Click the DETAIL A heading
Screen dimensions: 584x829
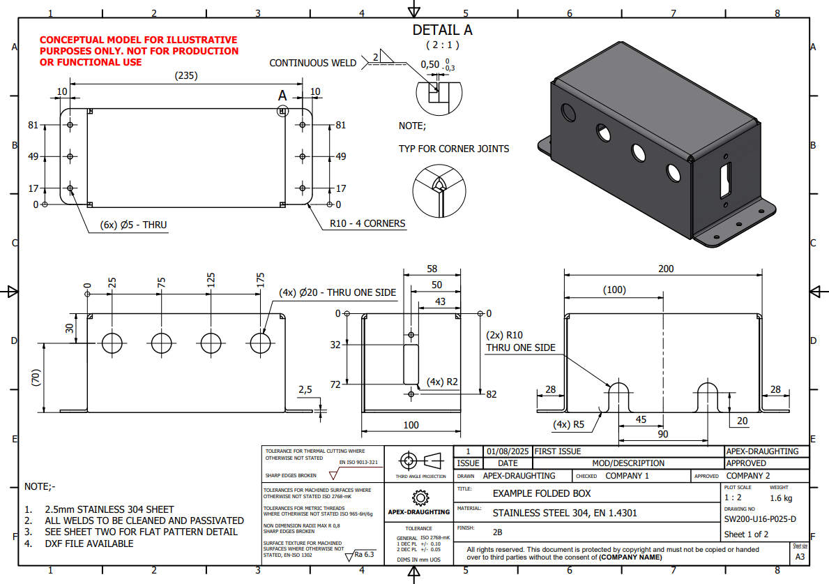[x=442, y=30]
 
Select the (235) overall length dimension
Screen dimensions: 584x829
[x=185, y=75]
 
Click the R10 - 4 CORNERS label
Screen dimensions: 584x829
[x=367, y=224]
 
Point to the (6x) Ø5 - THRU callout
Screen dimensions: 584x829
[x=128, y=225]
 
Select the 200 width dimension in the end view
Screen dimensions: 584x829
[x=666, y=269]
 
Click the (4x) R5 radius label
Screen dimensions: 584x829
[x=569, y=424]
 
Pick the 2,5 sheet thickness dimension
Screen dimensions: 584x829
[x=305, y=389]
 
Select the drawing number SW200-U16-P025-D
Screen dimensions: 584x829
[x=760, y=519]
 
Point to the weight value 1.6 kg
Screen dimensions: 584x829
[x=781, y=498]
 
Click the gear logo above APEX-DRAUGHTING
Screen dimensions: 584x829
[x=419, y=497]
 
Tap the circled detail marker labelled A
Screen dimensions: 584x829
[x=282, y=111]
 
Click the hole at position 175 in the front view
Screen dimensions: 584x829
[x=261, y=343]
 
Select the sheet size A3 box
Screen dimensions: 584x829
[x=800, y=557]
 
